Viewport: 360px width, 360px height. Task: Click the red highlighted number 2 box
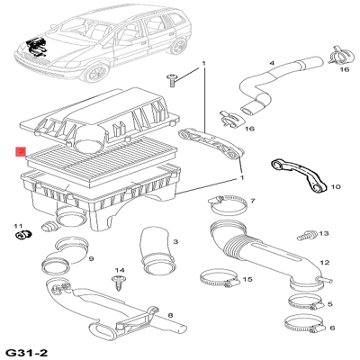[x=21, y=152]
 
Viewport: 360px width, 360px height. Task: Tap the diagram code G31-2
[x=27, y=353]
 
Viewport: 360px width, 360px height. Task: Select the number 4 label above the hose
[x=272, y=63]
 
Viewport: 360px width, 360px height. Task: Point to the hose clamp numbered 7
[x=229, y=204]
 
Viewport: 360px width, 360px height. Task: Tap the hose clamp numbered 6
[x=303, y=324]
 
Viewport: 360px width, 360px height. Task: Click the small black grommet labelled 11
[x=22, y=234]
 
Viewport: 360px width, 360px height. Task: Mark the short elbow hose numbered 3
[x=157, y=251]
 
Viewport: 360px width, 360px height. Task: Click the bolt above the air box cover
[x=172, y=80]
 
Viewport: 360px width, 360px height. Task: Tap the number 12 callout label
[x=325, y=263]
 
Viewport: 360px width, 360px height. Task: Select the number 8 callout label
[x=170, y=315]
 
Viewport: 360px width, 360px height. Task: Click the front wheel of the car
[x=95, y=73]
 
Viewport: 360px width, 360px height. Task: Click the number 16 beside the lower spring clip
[x=249, y=129]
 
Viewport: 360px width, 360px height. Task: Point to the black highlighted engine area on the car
[x=36, y=47]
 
